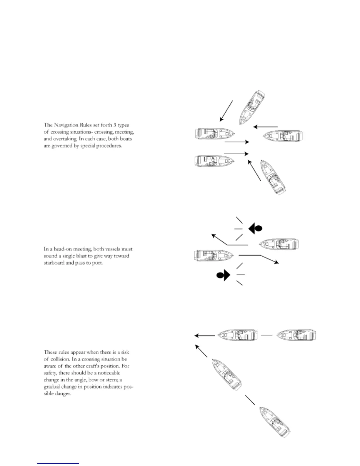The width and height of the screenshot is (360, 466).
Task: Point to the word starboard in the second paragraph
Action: coord(54,263)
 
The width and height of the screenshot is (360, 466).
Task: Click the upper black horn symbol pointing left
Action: coord(255,228)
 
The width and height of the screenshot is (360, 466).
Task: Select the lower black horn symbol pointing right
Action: coord(223,275)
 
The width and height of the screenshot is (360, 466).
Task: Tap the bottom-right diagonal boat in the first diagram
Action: coord(273,177)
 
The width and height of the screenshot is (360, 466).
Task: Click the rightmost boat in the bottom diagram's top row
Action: coord(296,335)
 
